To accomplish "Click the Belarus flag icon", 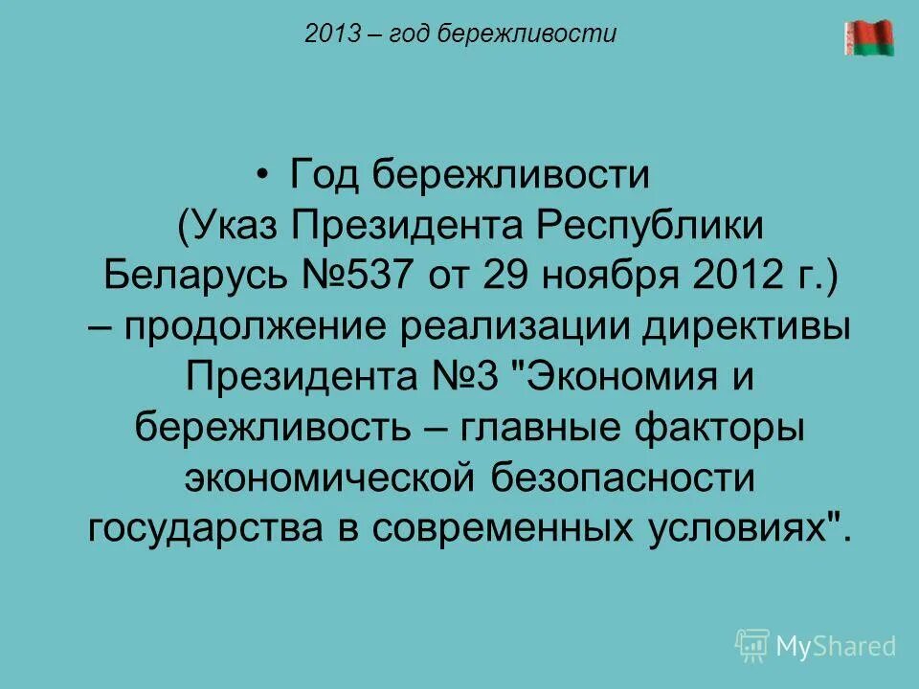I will (868, 38).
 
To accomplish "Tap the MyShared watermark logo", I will (816, 646).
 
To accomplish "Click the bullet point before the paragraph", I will (263, 175).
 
